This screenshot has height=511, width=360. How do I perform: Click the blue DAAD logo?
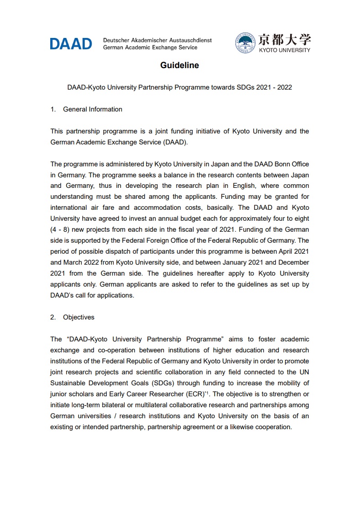pos(71,44)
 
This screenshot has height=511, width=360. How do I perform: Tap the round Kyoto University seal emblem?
pos(245,43)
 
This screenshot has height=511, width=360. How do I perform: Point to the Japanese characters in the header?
pos(284,39)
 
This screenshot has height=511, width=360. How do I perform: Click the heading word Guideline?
pos(180,65)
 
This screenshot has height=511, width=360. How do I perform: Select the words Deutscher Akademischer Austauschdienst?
pos(158,40)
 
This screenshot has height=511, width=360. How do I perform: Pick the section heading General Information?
pos(93,109)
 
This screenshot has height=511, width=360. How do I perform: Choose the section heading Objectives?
pos(79,317)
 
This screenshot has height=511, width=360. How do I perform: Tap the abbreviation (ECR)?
pos(193,394)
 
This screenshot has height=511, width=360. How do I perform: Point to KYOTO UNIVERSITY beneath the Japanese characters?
pos(284,50)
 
